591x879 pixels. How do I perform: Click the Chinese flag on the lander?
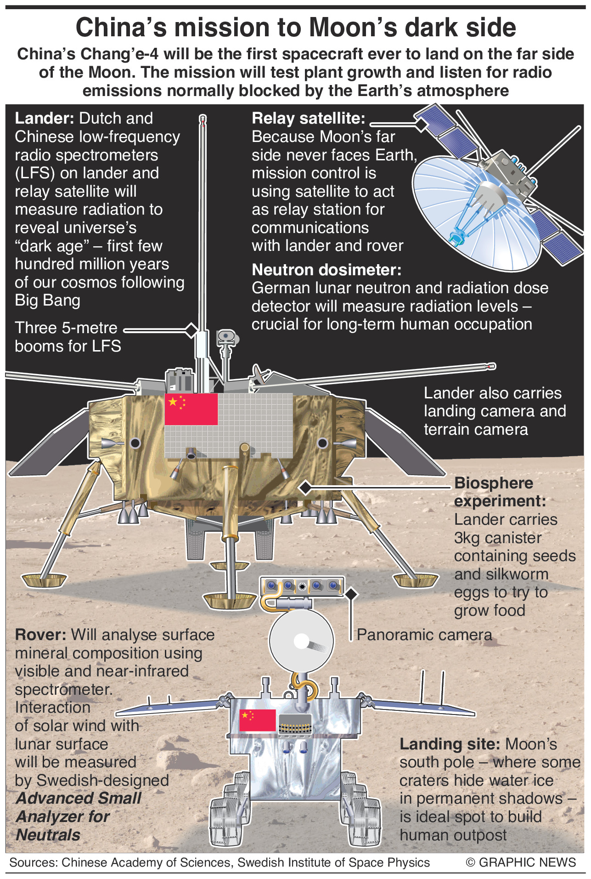click(x=191, y=409)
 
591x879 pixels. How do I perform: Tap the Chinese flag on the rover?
click(x=257, y=720)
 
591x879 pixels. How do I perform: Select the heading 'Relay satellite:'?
click(x=308, y=119)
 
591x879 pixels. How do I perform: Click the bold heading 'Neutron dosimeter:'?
click(x=326, y=270)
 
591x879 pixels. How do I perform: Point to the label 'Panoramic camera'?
click(x=424, y=635)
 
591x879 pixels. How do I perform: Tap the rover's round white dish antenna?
click(x=301, y=641)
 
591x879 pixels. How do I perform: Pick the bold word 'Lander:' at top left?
click(x=44, y=119)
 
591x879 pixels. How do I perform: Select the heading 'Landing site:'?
click(x=450, y=744)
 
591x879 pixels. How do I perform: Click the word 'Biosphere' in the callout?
click(x=494, y=483)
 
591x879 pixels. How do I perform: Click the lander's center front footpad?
click(x=230, y=600)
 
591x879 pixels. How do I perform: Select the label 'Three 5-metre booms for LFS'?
click(x=68, y=337)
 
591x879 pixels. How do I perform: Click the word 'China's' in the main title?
click(x=121, y=28)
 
